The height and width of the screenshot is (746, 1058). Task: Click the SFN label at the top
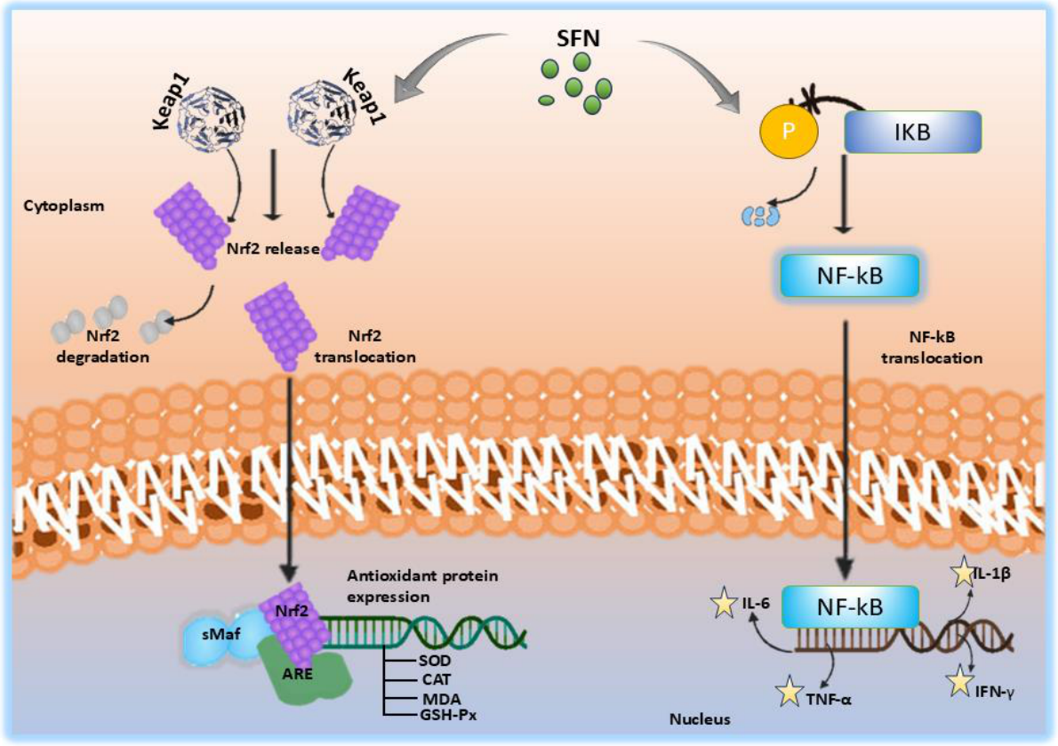pos(578,37)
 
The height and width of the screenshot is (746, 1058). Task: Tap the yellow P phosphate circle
pos(788,131)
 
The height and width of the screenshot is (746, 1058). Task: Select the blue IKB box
pos(913,132)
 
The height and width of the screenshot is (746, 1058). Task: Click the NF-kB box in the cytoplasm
pos(849,276)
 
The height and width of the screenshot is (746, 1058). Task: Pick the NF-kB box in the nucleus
pos(850,606)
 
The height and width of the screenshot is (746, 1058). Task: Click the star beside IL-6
pos(724,603)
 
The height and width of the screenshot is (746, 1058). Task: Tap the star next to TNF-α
pos(789,692)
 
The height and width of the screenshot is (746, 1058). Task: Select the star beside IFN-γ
pos(959,682)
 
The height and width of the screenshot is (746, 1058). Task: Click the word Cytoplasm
pos(64,205)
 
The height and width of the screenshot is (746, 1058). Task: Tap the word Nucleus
pos(700,719)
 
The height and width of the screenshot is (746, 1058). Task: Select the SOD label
pos(435,661)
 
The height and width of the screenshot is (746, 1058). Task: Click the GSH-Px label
pos(448,715)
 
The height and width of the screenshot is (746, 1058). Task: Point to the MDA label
pos(441,699)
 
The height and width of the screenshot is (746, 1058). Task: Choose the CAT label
pos(436,679)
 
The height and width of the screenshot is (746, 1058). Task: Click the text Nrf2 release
pos(273,248)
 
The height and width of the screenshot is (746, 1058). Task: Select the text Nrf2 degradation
pos(102,346)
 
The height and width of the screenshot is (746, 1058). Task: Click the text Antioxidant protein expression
pos(422,586)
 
